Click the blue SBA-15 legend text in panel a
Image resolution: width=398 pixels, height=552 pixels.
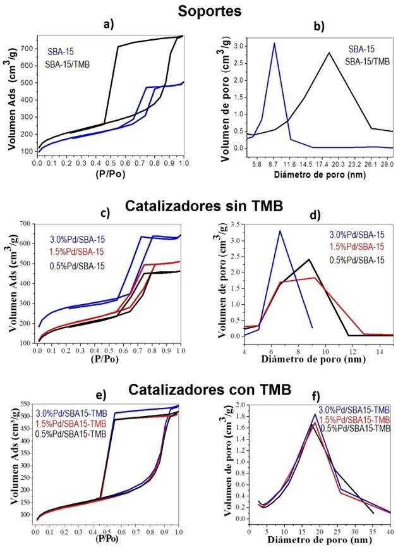coord(63,52)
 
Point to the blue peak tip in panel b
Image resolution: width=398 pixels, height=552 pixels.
coord(274,43)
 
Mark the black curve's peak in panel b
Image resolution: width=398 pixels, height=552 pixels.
coord(329,53)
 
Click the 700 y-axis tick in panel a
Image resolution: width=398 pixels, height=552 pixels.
coord(27,48)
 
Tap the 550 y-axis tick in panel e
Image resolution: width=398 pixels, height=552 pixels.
coord(23,404)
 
